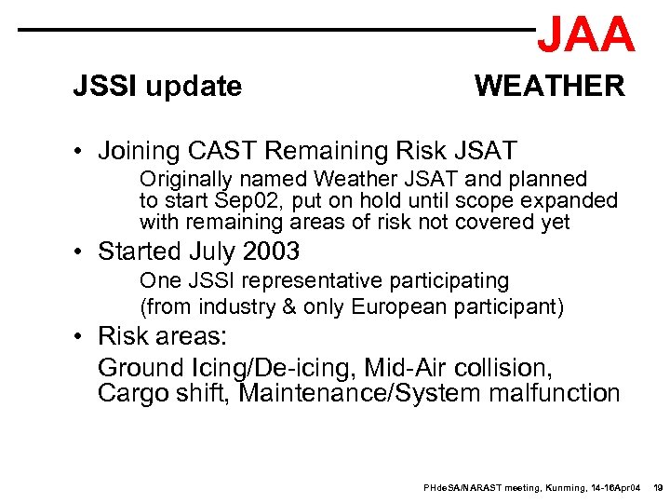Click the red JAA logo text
pyautogui.click(x=585, y=34)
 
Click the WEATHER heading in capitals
pyautogui.click(x=549, y=87)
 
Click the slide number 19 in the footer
pyautogui.click(x=657, y=488)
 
